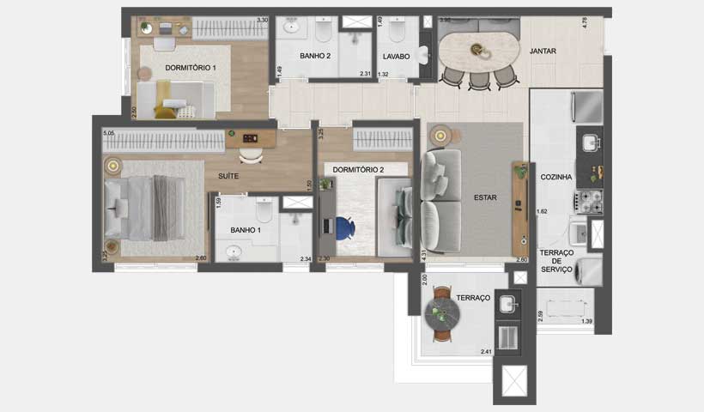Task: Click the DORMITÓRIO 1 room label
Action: tap(191, 67)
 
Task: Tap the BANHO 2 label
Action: tap(315, 56)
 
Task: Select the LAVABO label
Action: tap(396, 56)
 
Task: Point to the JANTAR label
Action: tap(543, 51)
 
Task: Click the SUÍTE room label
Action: tap(228, 176)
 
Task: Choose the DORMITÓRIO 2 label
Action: tap(358, 169)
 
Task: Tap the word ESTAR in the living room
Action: tap(485, 197)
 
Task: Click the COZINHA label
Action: tap(556, 177)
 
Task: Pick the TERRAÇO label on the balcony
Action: tap(473, 298)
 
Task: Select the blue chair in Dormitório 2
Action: tap(343, 228)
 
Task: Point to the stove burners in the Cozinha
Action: tap(592, 202)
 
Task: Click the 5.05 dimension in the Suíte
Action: tap(108, 134)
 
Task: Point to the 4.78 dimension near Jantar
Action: tap(585, 23)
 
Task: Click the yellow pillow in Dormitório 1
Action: tap(166, 112)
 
